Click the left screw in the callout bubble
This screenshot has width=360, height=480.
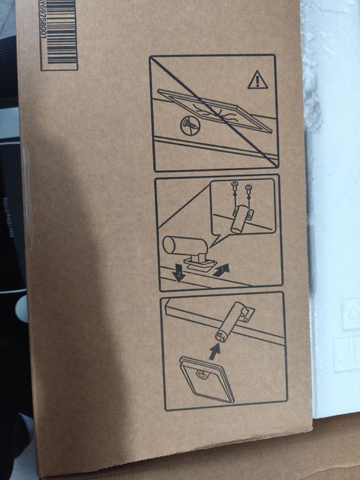click(x=235, y=187)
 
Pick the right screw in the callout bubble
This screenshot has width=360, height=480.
click(x=248, y=187)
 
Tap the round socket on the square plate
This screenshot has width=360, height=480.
click(x=203, y=374)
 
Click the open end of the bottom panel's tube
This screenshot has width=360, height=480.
click(x=221, y=334)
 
